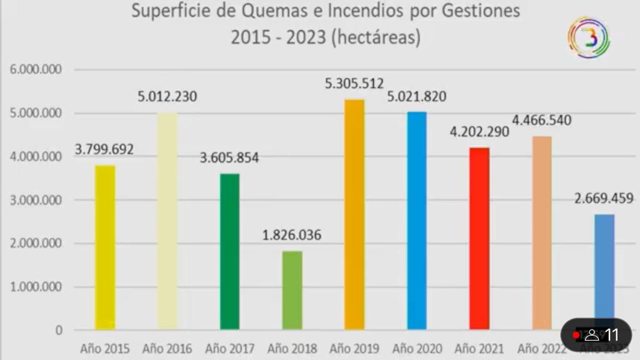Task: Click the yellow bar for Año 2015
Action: click(x=104, y=247)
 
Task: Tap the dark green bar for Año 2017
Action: click(x=229, y=251)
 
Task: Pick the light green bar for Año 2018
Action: click(x=292, y=290)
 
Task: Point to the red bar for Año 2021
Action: click(x=479, y=238)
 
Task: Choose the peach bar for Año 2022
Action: click(x=542, y=232)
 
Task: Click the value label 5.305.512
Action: click(x=354, y=83)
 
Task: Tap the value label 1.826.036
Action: click(x=292, y=236)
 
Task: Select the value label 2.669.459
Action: click(x=604, y=199)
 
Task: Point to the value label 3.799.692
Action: click(x=104, y=150)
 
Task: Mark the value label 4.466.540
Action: click(x=542, y=120)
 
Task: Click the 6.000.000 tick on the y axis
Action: click(x=36, y=70)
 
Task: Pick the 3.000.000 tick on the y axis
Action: click(x=36, y=201)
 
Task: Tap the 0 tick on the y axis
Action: click(x=59, y=330)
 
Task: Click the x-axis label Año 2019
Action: click(x=354, y=348)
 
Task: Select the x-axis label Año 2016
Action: click(x=167, y=348)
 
